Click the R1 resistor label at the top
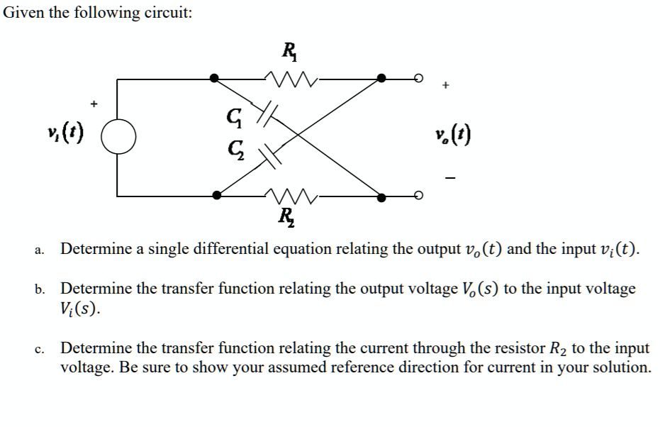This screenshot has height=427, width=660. pos(289,50)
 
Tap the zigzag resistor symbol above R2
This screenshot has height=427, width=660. pos(287,194)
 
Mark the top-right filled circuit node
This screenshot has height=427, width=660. pos(381,78)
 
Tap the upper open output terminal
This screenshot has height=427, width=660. pos(419,78)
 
